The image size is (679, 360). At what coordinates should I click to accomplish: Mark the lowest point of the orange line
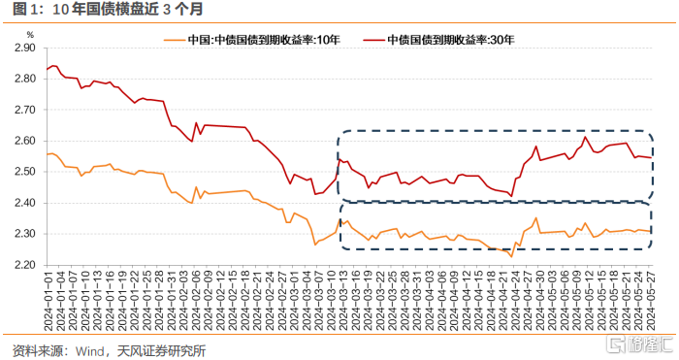pyautogui.click(x=511, y=255)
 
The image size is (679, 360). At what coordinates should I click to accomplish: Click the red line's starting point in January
pyautogui.click(x=47, y=70)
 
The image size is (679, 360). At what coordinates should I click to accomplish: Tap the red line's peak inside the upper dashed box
pyautogui.click(x=585, y=137)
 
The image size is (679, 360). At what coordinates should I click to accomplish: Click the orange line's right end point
pyautogui.click(x=651, y=231)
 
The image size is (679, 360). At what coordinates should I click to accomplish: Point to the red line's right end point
pyautogui.click(x=651, y=157)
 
